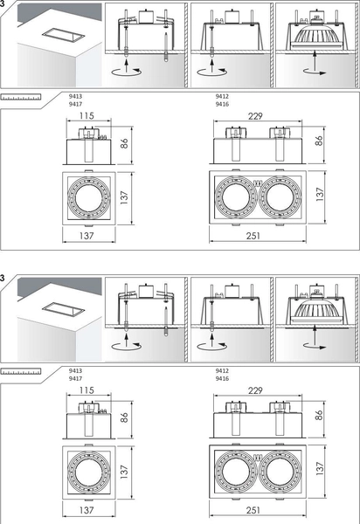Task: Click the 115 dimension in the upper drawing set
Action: point(87,115)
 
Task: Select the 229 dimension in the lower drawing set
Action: point(255,390)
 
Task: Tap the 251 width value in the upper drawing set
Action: point(253,236)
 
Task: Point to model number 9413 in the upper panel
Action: point(75,96)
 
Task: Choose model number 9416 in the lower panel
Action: point(222,379)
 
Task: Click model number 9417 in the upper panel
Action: point(75,104)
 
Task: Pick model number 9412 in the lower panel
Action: point(222,370)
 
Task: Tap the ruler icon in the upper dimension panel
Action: point(21,97)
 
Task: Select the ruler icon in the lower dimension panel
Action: point(21,372)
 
